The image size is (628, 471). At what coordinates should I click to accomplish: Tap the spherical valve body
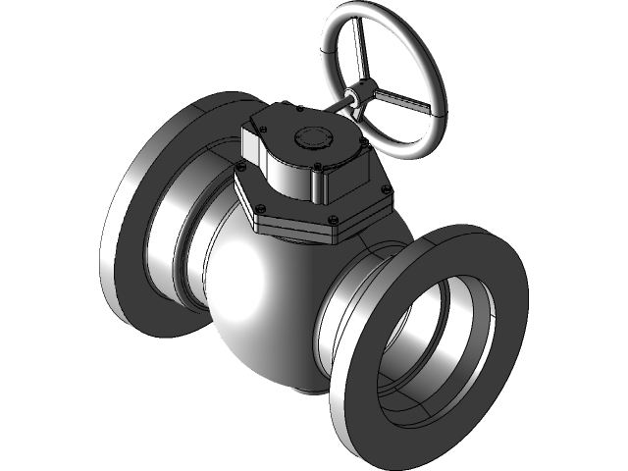pos(265,294)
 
